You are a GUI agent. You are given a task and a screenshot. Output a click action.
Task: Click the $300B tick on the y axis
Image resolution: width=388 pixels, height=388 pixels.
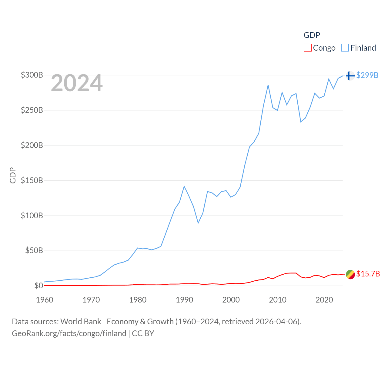pos(32,75)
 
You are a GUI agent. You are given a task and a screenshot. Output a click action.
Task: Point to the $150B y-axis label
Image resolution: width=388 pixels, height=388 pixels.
pos(32,180)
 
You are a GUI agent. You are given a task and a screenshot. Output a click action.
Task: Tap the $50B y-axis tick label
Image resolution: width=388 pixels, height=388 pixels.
pos(34,251)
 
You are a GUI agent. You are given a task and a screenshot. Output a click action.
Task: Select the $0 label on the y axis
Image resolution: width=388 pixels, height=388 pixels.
pos(38,286)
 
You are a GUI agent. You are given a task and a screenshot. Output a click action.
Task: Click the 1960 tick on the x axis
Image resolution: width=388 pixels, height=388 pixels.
pos(45,300)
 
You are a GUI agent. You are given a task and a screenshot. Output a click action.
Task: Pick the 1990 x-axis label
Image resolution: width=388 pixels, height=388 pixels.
pos(184,300)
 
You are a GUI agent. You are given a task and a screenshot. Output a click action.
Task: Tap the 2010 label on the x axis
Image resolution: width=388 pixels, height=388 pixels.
pos(278,300)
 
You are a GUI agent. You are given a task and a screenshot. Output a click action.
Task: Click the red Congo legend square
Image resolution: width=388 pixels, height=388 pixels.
pos(307,48)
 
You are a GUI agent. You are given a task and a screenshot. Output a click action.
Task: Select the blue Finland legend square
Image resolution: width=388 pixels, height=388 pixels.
pos(345,48)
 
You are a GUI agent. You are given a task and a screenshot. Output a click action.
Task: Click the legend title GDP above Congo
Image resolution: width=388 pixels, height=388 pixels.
pos(312,35)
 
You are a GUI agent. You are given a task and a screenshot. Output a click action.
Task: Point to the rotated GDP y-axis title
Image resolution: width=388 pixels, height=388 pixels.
pos(13,175)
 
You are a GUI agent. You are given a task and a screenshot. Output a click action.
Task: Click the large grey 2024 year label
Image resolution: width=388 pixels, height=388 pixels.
pos(77,83)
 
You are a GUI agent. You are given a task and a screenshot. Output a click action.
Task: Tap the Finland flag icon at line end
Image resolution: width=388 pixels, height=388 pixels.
pos(350,75)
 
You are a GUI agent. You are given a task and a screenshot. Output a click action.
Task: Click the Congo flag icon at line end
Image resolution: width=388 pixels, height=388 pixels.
pos(350,274)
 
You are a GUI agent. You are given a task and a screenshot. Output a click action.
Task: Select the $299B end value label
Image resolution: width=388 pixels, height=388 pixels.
pos(367,75)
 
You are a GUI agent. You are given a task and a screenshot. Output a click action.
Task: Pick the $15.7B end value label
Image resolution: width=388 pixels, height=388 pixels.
pos(368,274)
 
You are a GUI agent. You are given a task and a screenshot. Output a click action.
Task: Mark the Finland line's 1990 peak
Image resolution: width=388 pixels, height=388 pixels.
pos(184,186)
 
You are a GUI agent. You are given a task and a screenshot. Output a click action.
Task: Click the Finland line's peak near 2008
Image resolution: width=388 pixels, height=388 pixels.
pos(268,85)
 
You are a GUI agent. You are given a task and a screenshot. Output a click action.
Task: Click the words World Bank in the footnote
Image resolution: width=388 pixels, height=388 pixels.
pos(81,321)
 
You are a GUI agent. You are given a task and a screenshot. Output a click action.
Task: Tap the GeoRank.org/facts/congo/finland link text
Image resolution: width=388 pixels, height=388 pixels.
pos(69,333)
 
